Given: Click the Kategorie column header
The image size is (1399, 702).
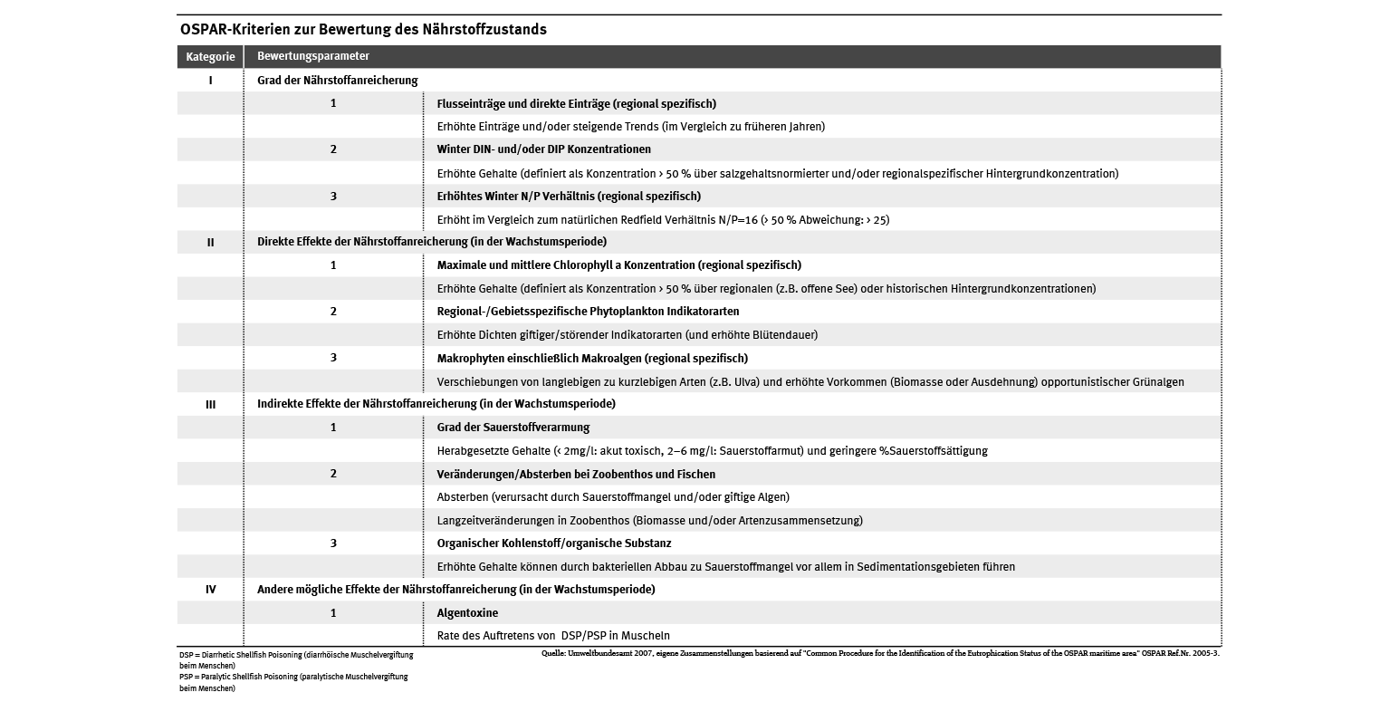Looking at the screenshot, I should coord(210,56).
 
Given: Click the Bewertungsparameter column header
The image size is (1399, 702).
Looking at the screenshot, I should coord(312,56).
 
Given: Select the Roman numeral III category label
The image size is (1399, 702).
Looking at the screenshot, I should coord(211,404).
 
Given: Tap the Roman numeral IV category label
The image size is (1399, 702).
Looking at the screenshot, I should coord(211,590).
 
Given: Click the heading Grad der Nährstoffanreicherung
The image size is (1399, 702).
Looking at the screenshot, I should coord(337,81).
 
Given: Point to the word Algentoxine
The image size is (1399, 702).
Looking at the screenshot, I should coord(467,613).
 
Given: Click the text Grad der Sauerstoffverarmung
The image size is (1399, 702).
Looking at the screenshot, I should coord(513,428).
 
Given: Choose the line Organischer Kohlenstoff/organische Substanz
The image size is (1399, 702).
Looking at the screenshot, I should coord(554,543).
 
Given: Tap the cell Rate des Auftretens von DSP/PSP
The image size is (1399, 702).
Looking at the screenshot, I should coord(553,636).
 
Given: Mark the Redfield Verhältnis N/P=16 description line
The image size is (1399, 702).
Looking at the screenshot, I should coord(663,220).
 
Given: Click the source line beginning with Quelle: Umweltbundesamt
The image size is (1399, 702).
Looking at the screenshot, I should coord(878,652).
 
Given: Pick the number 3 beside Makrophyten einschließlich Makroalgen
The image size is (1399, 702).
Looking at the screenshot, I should coord(333,358).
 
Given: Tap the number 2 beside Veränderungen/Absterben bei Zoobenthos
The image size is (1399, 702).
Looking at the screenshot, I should coord(333,474).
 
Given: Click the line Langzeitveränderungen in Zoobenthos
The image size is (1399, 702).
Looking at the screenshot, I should coord(649,521).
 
